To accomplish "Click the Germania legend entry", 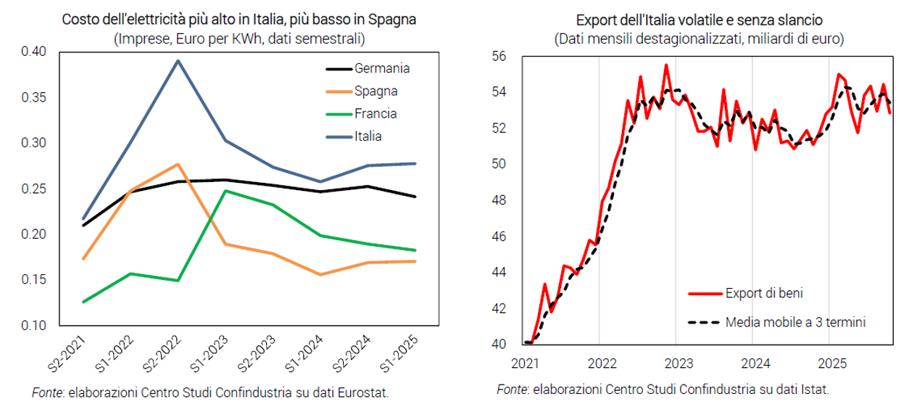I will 382,69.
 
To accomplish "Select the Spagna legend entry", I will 376,91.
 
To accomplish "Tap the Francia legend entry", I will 375,114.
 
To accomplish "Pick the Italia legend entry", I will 368,136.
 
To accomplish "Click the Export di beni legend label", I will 763,294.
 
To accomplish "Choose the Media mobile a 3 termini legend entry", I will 795,321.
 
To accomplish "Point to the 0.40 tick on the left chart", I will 34,52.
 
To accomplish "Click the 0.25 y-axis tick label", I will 34,189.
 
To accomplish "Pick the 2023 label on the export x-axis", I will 676,361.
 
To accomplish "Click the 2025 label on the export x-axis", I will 829,361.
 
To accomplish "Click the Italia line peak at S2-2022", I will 178,61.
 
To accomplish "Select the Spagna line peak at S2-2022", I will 178,165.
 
